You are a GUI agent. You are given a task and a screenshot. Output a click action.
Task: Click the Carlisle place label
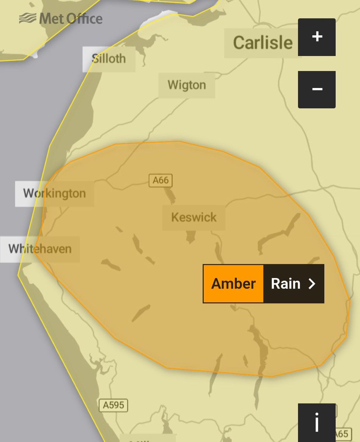click(263, 43)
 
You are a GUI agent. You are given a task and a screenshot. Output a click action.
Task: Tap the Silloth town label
click(109, 59)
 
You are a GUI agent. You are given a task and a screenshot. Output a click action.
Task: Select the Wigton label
click(187, 85)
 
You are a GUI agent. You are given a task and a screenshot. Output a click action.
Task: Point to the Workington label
click(55, 193)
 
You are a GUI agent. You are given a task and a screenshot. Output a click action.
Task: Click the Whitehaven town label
click(40, 249)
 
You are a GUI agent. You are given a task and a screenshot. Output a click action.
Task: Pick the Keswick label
click(194, 217)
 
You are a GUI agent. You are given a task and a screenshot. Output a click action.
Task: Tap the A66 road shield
click(161, 180)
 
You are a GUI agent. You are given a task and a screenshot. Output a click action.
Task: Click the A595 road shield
click(113, 406)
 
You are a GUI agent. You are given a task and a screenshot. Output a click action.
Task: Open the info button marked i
click(317, 423)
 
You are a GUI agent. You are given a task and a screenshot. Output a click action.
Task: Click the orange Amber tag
click(233, 284)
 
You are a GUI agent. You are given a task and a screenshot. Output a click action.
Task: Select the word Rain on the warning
click(286, 284)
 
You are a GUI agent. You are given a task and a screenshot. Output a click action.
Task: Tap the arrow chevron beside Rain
click(312, 284)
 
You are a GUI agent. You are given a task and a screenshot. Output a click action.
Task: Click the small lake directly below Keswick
click(191, 237)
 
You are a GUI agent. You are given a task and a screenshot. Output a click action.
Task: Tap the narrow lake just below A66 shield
click(170, 195)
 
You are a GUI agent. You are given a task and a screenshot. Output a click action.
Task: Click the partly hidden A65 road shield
click(341, 434)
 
